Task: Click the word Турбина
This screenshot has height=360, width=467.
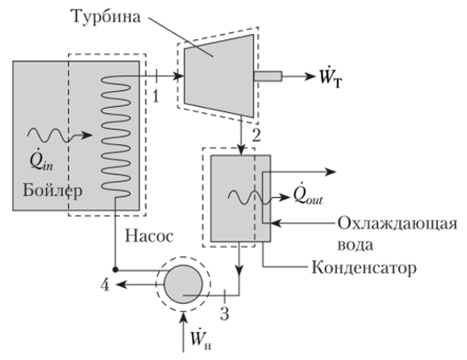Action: click(106, 16)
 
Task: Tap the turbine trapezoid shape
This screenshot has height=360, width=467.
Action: click(219, 76)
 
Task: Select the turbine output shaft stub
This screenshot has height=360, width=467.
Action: click(267, 76)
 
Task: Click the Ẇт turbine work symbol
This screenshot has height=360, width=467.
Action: click(330, 78)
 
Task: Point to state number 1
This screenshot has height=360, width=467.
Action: click(155, 96)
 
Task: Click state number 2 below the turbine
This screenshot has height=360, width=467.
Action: click(256, 136)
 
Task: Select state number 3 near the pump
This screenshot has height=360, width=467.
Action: click(224, 313)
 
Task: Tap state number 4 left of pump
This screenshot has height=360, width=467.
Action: click(104, 285)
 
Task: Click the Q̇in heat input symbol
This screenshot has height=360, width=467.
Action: click(41, 162)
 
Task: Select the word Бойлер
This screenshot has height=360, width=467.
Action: click(53, 190)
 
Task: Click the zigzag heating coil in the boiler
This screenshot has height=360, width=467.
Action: click(116, 137)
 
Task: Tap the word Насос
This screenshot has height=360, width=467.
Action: click(149, 236)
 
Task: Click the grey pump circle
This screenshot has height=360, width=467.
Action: click(183, 284)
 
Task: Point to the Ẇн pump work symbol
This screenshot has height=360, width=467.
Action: click(201, 338)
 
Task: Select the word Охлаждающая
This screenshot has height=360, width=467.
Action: click(397, 223)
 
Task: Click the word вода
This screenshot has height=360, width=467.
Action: click(355, 245)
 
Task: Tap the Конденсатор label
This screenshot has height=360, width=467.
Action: click(364, 267)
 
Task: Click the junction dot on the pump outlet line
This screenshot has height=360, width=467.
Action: click(115, 270)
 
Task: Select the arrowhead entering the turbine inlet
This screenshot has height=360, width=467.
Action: click(178, 76)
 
